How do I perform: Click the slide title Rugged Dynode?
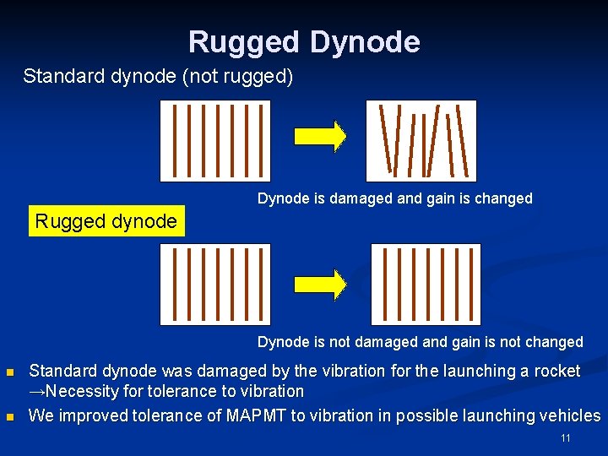(x=304, y=41)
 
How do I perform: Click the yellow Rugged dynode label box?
(x=106, y=221)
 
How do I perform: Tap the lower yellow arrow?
(x=320, y=285)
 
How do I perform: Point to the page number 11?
(x=566, y=438)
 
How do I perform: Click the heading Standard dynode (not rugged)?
(x=158, y=77)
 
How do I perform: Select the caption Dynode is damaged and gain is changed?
(x=394, y=199)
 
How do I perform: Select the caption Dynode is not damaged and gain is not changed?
(x=420, y=342)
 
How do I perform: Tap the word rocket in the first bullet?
(x=557, y=371)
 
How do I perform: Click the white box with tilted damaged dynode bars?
(x=421, y=140)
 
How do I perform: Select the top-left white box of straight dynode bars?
(x=215, y=140)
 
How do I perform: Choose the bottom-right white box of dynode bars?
(x=426, y=285)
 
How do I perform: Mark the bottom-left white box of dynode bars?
(x=215, y=285)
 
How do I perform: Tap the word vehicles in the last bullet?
(x=571, y=415)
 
